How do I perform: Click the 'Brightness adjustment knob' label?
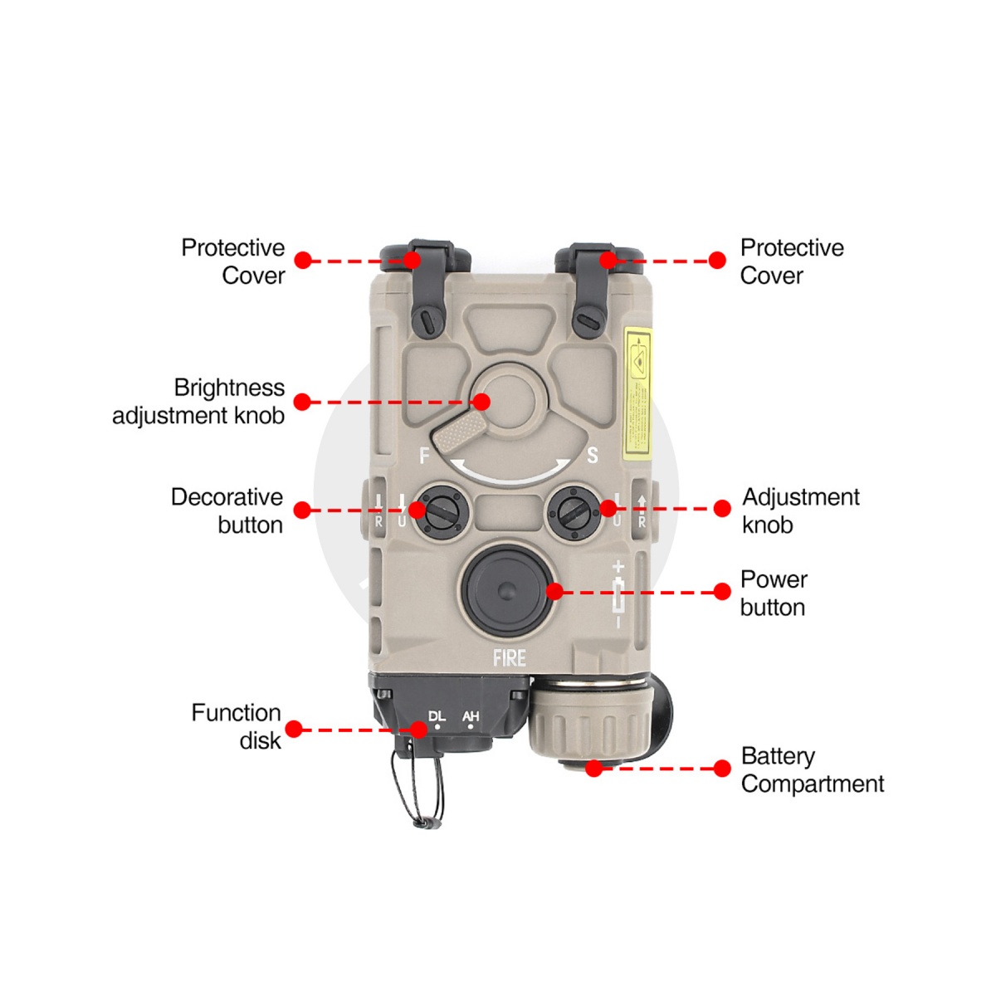pos(199,402)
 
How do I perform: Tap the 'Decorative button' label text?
pos(227,510)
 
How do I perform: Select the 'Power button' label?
pos(773,593)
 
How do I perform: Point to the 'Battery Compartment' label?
pos(812,769)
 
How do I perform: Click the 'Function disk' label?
pos(237,726)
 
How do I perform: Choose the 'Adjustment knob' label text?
pos(800,510)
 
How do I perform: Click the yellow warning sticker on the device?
pos(637,391)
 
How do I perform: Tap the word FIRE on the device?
pos(509,658)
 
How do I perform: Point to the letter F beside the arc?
pos(425,456)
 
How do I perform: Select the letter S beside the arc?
pos(592,455)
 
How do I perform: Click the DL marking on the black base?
pos(437,715)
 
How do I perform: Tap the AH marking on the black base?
pos(471,715)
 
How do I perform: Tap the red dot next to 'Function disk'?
pos(294,730)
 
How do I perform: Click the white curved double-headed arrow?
pos(511,470)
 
